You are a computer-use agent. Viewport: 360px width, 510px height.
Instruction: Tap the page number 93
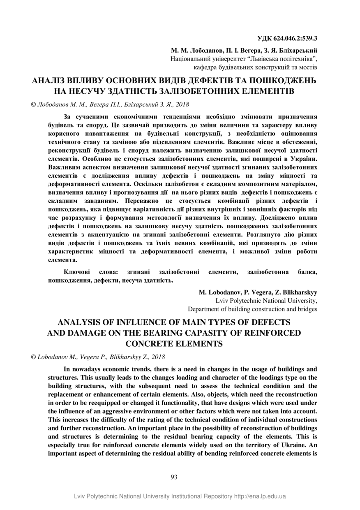(173, 477)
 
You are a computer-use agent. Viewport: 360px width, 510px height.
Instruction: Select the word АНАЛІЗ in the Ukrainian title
(51, 80)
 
